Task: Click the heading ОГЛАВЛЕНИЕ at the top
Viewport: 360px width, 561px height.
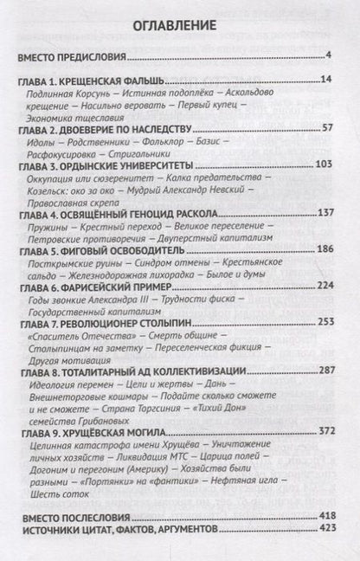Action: click(179, 25)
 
